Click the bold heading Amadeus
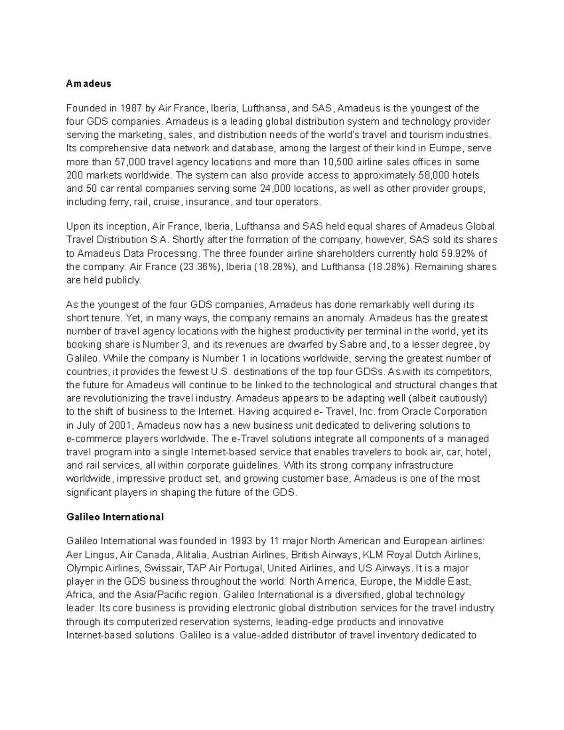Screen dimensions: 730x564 89,84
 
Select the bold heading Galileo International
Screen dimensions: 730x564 115,517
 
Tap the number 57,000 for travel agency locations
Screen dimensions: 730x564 130,162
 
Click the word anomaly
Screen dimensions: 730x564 345,318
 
